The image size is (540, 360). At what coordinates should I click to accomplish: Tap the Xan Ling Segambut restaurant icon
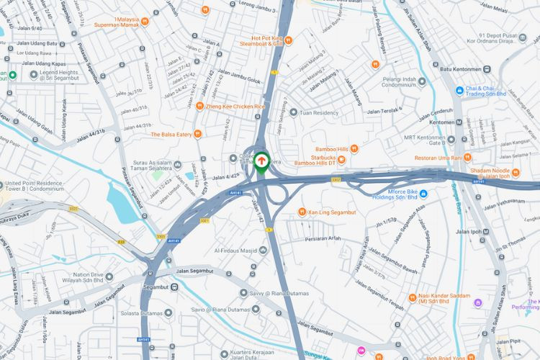coord(302,212)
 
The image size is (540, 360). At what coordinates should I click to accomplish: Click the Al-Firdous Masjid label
coord(235,250)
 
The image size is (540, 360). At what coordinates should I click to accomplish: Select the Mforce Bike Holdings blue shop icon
coord(423,193)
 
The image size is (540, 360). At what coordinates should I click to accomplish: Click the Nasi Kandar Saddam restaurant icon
coord(412,297)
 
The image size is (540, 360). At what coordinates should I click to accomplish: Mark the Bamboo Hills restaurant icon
coord(354,149)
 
